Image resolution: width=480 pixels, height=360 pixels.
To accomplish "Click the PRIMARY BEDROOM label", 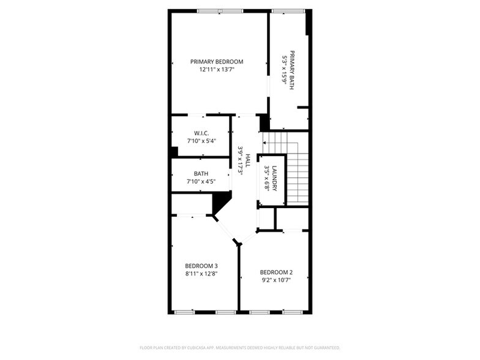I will point(217,62).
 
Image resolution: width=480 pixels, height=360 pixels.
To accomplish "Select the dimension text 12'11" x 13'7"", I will point(217,70).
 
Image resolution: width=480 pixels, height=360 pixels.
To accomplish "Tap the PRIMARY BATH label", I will point(292,70).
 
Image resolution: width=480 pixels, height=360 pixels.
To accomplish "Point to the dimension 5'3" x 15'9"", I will point(284,70).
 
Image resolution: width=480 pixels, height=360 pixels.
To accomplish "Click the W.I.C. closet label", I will point(201,133).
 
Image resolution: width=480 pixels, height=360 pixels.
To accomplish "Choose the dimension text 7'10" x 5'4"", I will point(201,141).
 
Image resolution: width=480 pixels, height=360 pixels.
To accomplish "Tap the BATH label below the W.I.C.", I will point(201,173).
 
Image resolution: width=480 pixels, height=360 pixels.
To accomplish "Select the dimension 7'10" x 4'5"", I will point(201,181).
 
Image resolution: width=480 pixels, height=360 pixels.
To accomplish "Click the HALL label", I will point(248,160).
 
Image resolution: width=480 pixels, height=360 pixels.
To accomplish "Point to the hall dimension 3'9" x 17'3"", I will point(241,160).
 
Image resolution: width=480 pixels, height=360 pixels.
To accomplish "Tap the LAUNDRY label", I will point(275,178).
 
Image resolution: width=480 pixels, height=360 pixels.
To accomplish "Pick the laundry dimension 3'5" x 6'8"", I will point(267,178).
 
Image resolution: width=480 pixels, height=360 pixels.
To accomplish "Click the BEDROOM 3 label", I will point(201,266).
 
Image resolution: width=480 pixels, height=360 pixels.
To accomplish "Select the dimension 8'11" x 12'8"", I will point(201,274).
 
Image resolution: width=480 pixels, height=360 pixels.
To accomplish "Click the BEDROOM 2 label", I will point(276,272).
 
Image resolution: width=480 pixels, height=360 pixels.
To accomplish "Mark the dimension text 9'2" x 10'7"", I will point(276,280).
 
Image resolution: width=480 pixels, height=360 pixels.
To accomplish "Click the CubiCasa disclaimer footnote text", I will point(239,347).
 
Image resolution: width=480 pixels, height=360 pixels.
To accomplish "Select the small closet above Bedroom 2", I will point(291,219).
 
